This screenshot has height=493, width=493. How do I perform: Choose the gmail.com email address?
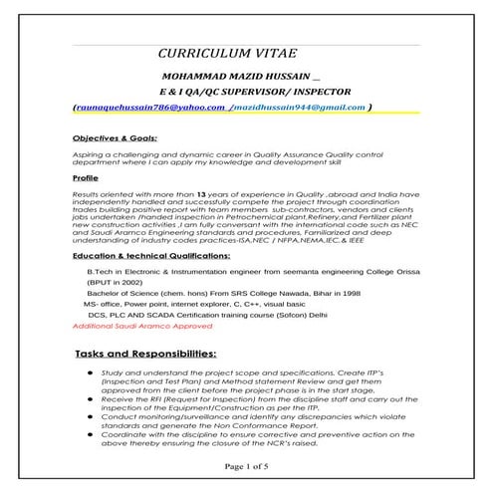tap(299, 106)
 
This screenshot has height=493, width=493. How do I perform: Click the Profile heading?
tap(88, 179)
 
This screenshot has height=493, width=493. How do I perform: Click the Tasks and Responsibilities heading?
tap(145, 355)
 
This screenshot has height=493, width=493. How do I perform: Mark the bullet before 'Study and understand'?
tap(92, 371)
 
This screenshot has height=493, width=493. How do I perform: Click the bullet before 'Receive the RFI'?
tap(92, 395)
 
